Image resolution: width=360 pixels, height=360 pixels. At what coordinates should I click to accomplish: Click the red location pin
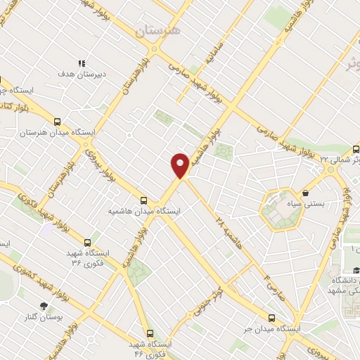coord(180,165)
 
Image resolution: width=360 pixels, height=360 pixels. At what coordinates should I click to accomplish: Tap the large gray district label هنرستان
coord(157,30)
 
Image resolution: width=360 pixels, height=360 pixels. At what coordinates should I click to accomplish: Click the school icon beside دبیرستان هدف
coord(82,63)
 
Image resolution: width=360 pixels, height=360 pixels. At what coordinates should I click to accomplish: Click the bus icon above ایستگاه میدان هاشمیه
coord(143,199)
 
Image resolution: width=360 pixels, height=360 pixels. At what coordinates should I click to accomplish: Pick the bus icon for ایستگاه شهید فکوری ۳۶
coord(86,240)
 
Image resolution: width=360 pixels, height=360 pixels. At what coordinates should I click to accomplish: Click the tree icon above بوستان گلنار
coord(44,306)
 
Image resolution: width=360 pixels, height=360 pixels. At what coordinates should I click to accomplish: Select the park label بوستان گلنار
coord(44,318)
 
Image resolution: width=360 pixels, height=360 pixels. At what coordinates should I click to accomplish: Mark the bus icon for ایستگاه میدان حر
coord(271,317)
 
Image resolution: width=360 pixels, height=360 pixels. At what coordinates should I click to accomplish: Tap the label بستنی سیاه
coord(308,204)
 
